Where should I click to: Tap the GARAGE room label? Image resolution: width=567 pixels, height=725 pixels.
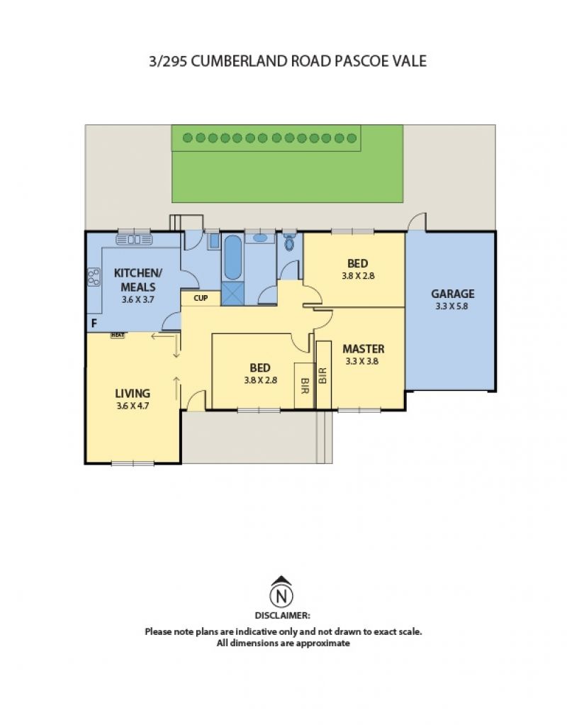452,294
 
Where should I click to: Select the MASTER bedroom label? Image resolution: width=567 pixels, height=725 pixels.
363,349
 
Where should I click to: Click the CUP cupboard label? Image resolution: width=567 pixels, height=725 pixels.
201,298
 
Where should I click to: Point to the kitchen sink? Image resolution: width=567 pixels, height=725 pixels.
134,240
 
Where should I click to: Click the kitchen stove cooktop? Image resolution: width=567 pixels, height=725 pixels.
94,277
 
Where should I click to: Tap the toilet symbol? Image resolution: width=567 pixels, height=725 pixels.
290,242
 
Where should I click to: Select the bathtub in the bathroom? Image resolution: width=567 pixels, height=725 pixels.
232,258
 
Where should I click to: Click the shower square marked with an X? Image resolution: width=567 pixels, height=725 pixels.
232,294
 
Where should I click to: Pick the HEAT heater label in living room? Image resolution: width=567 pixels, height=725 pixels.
118,336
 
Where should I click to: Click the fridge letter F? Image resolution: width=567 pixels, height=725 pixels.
94,323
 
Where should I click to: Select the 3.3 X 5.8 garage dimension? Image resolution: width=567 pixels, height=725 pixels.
452,306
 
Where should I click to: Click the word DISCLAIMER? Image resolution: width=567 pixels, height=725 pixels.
283,616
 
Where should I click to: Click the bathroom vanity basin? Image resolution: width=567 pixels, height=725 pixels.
259,238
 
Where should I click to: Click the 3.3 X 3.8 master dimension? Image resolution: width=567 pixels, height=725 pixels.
362,362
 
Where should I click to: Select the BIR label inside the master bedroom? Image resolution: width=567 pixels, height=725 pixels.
323,375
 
